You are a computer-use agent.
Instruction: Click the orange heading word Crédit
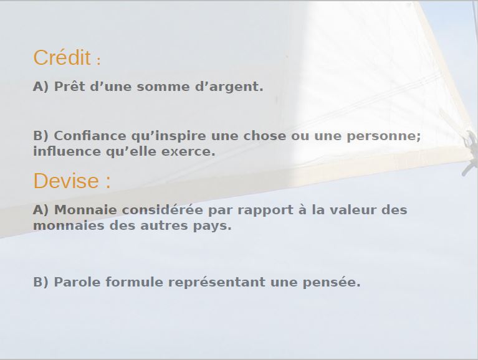[x=62, y=57]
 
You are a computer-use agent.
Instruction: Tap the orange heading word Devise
[x=66, y=181]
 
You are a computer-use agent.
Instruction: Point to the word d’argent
[x=229, y=87]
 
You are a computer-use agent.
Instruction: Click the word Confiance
[x=90, y=136]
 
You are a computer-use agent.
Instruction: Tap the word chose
[x=265, y=136]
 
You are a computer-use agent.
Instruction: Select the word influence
[x=67, y=151]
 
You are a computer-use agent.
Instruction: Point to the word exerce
[x=188, y=152]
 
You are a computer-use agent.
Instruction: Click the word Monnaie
[x=85, y=210]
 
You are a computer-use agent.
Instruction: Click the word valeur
[x=353, y=210]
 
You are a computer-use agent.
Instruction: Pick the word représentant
[x=217, y=283]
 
